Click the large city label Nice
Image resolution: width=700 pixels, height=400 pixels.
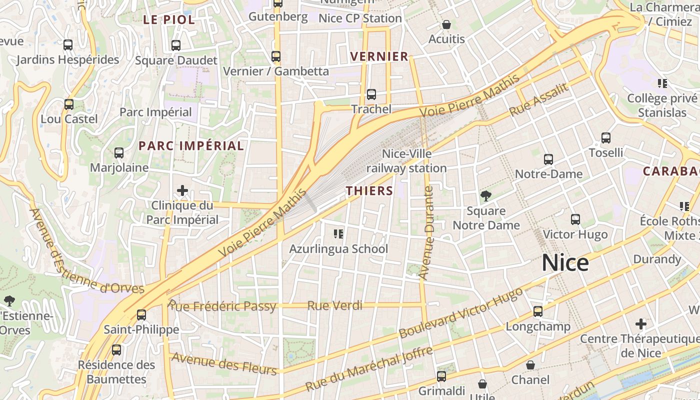[x=565, y=263]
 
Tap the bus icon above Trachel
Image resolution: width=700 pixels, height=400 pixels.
[x=371, y=94]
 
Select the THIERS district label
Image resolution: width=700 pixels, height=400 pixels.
[x=369, y=190]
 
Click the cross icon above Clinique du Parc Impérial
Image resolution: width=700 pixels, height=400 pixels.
[x=182, y=190]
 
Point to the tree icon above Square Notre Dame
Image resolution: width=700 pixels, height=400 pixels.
[x=485, y=195]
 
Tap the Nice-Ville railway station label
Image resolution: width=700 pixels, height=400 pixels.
[x=406, y=161]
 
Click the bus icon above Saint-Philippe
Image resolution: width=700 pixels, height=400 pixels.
[x=141, y=314]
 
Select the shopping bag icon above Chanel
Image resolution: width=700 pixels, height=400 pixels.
[x=530, y=365]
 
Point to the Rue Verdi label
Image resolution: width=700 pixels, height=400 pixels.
[x=334, y=305]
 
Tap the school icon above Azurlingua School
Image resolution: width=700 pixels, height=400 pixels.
[x=338, y=233]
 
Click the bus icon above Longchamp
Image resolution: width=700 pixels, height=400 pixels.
[x=538, y=311]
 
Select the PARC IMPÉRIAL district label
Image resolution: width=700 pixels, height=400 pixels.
[x=191, y=146]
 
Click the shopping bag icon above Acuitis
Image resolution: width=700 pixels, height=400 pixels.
[x=446, y=24]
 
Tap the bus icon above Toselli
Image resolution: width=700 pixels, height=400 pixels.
[x=606, y=137]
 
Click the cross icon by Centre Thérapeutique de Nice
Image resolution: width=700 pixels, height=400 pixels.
[x=641, y=324]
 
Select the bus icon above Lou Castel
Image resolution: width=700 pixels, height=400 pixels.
[x=69, y=104]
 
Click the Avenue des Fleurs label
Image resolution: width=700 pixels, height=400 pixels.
[x=223, y=364]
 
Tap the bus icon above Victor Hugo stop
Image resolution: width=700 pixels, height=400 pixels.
[x=575, y=219]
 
